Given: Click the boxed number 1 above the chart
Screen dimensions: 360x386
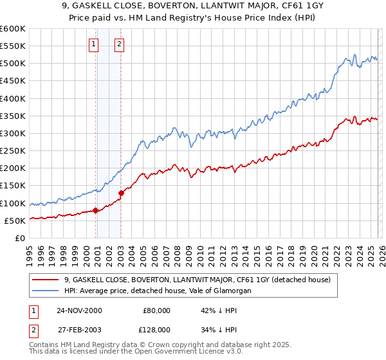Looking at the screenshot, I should [x=94, y=44].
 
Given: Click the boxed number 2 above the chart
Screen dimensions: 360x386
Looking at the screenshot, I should [x=120, y=44].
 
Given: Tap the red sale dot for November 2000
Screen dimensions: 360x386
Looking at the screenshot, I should [x=96, y=210].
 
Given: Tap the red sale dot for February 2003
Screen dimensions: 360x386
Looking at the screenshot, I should [x=121, y=193].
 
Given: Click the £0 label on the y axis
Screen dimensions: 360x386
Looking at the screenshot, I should [x=19, y=238].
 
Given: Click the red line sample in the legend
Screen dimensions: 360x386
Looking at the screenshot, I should [x=46, y=280].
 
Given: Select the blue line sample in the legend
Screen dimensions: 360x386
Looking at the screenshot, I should [x=46, y=291].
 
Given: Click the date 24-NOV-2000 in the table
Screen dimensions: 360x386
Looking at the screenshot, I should [x=79, y=310].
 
